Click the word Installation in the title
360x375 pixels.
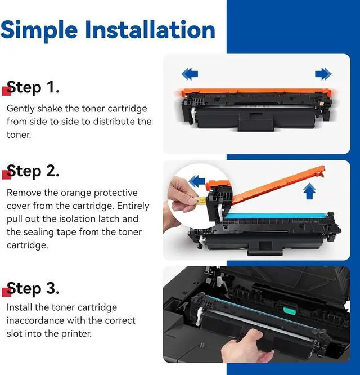150,29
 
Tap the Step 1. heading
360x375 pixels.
33,88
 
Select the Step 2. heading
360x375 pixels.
33,172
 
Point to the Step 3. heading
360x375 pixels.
33,289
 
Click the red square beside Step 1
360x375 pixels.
6,91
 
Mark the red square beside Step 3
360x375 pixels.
6,292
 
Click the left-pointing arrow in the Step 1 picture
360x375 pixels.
190,74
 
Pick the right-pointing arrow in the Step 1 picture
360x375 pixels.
323,74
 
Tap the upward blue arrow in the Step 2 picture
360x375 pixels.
309,191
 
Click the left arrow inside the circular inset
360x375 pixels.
197,181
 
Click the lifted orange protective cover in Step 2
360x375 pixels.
277,185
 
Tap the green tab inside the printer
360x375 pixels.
289,310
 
